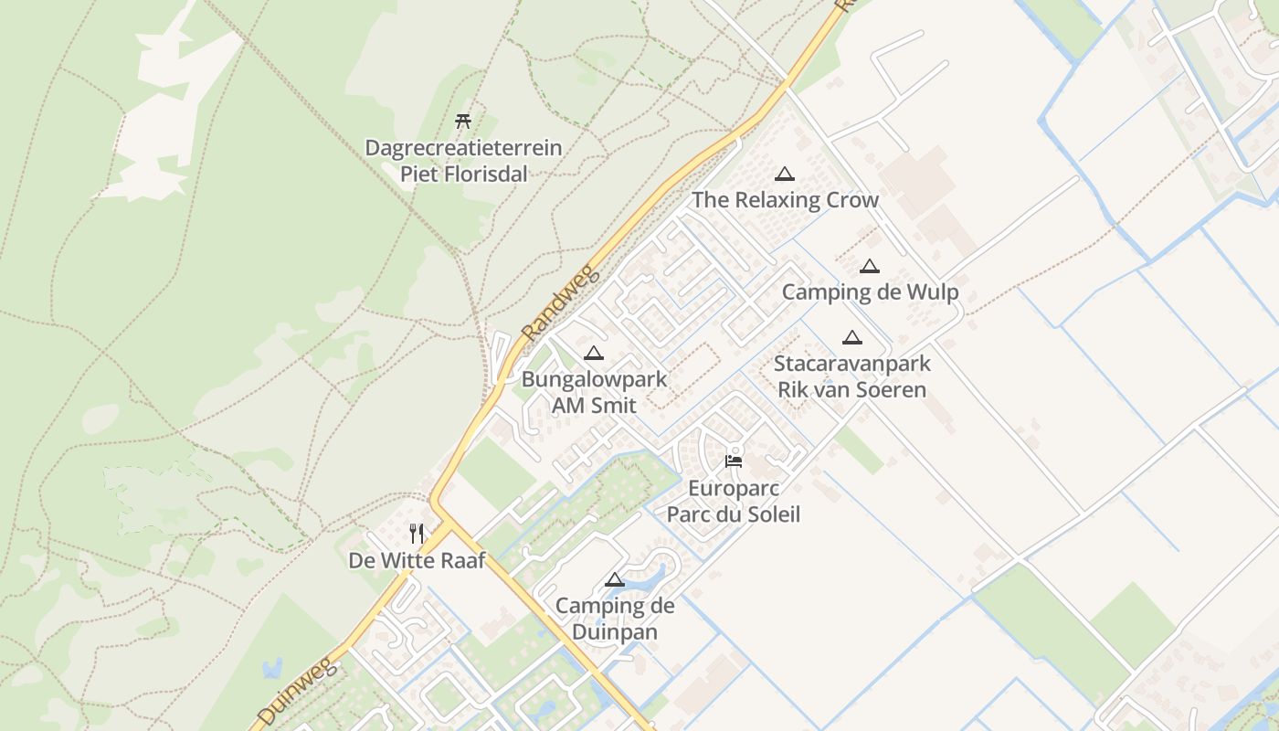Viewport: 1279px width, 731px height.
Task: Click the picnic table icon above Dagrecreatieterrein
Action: point(463,121)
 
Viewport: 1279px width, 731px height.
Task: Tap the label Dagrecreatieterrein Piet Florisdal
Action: point(463,160)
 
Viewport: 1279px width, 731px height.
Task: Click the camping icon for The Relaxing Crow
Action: point(784,174)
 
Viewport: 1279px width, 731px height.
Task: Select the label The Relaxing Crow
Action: point(785,200)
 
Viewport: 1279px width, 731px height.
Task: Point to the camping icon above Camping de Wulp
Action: point(869,266)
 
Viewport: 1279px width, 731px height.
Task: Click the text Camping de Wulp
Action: point(870,292)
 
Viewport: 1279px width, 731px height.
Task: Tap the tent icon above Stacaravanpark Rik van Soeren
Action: point(851,337)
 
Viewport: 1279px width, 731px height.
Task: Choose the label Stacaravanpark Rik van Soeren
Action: point(851,376)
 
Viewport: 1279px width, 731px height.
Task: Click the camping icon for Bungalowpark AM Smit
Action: point(594,353)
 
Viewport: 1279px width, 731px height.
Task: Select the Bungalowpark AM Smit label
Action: point(594,392)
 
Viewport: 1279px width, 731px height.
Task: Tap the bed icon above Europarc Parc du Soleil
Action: point(734,461)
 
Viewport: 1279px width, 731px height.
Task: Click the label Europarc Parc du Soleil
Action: point(733,501)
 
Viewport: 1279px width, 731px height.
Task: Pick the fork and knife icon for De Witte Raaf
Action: point(417,533)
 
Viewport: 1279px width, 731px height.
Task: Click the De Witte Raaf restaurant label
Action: point(417,560)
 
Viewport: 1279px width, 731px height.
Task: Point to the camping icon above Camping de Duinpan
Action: point(614,579)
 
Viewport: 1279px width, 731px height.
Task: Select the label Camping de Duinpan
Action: point(615,619)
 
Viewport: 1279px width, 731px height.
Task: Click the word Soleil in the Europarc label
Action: point(766,514)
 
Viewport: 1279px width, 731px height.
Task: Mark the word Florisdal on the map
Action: point(464,174)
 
